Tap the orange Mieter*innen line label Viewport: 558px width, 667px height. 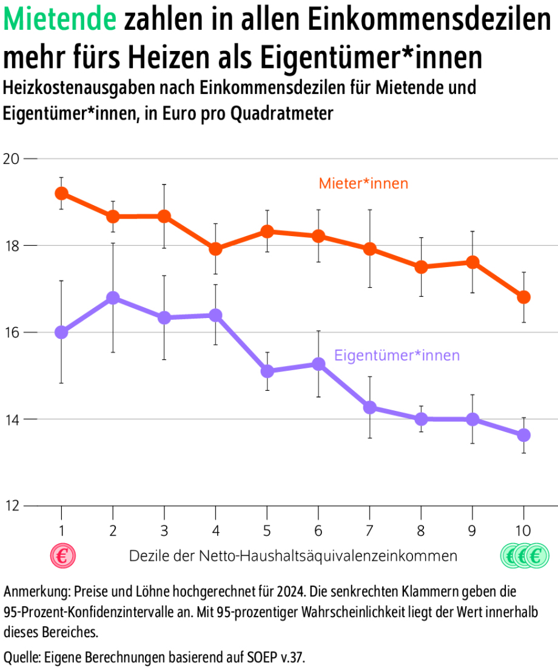pos(363,183)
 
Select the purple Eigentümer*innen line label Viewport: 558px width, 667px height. pos(397,355)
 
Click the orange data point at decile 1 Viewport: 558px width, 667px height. pos(61,193)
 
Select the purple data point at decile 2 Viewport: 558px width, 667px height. pos(113,297)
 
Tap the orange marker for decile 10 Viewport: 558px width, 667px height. pos(523,297)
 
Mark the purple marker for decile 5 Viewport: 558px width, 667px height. pos(267,371)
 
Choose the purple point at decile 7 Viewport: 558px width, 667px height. pos(369,407)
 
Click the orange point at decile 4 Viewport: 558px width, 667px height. pos(215,249)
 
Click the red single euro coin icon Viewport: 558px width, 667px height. pos(62,555)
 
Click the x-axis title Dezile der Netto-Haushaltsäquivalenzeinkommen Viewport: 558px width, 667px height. pos(293,555)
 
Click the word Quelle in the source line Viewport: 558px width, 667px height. pos(21,656)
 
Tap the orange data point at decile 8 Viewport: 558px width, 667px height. pos(421,267)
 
